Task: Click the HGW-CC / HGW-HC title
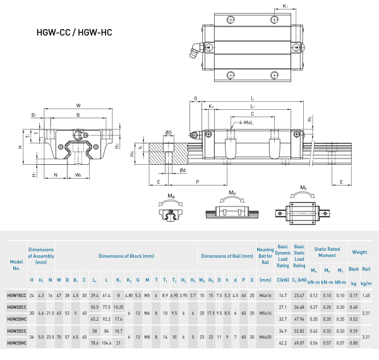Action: coord(75,32)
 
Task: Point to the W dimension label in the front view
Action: coord(78,105)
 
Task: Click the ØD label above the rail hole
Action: coord(168,132)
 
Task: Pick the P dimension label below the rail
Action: coord(197,181)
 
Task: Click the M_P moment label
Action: coord(232,191)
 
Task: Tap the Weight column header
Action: coord(359,252)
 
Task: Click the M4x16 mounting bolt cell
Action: coord(265,296)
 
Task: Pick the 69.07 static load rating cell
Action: coord(299,343)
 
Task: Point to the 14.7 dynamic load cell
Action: coord(282,296)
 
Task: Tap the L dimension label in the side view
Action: coord(252,99)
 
